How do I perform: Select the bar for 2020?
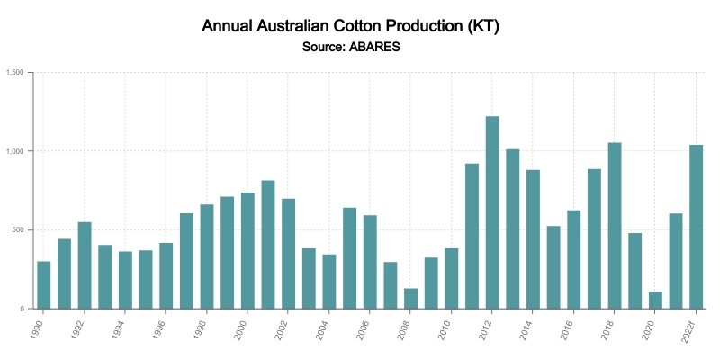(655, 301)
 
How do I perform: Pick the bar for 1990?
(44, 285)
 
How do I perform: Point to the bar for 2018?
(615, 226)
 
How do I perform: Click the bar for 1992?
(85, 265)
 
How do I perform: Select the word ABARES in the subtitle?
(375, 47)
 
